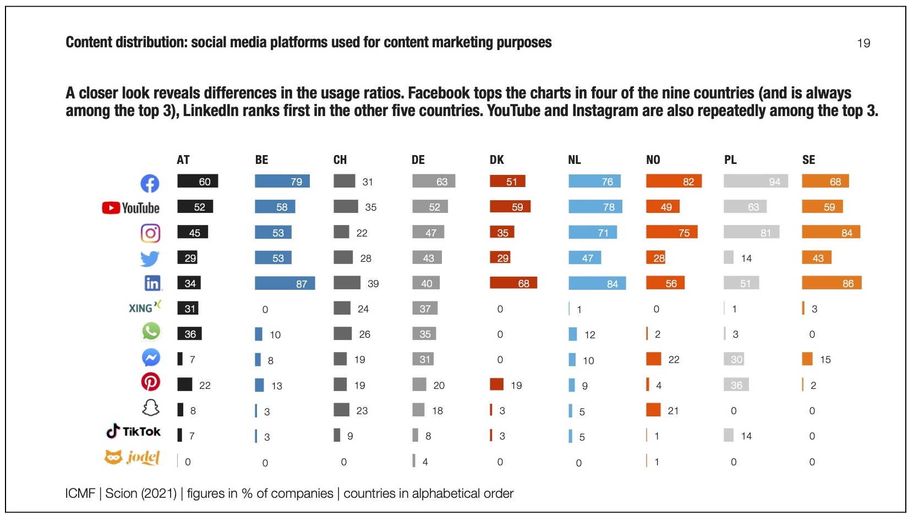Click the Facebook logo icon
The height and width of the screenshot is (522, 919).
pyautogui.click(x=150, y=183)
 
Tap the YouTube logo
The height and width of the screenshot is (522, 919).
pyautogui.click(x=131, y=208)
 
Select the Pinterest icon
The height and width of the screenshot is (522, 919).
pyautogui.click(x=150, y=382)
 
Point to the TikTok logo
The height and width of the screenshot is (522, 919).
pyautogui.click(x=133, y=431)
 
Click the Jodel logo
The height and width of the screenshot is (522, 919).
pyautogui.click(x=132, y=457)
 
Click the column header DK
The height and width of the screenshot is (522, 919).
pyautogui.click(x=496, y=160)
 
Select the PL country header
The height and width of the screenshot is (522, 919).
pyautogui.click(x=730, y=160)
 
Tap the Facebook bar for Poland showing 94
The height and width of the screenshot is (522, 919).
pyautogui.click(x=756, y=182)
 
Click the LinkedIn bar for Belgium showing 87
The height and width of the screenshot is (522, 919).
pyautogui.click(x=285, y=283)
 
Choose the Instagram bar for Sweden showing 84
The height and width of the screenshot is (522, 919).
pyautogui.click(x=830, y=232)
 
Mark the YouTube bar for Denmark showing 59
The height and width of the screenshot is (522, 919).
pyautogui.click(x=510, y=207)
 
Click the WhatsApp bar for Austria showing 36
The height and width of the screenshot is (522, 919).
pyautogui.click(x=189, y=334)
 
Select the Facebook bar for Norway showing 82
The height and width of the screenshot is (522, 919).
pyautogui.click(x=674, y=182)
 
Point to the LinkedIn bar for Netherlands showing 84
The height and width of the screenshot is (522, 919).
pyautogui.click(x=597, y=283)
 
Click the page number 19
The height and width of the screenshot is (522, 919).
pyautogui.click(x=863, y=43)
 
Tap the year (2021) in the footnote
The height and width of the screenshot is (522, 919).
pyautogui.click(x=159, y=493)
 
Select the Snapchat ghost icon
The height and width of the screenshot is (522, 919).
pyautogui.click(x=150, y=408)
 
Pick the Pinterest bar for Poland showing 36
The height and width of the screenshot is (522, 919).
pyautogui.click(x=736, y=385)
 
